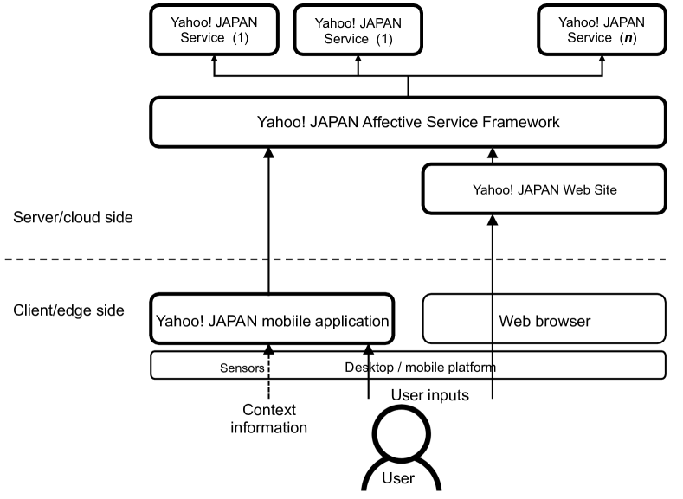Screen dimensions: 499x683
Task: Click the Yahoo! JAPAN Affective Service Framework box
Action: [x=409, y=122]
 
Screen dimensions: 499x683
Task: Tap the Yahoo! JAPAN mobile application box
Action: [x=272, y=321]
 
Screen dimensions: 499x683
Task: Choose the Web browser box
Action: [x=544, y=321]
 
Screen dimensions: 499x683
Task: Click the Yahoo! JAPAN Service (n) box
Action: [x=600, y=29]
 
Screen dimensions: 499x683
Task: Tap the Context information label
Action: [x=268, y=419]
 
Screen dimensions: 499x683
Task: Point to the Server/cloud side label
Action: [x=74, y=217]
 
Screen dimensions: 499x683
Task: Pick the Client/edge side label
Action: [x=69, y=310]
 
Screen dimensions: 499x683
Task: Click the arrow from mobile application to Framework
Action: [x=268, y=225]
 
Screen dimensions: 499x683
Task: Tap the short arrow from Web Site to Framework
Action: [x=493, y=157]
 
